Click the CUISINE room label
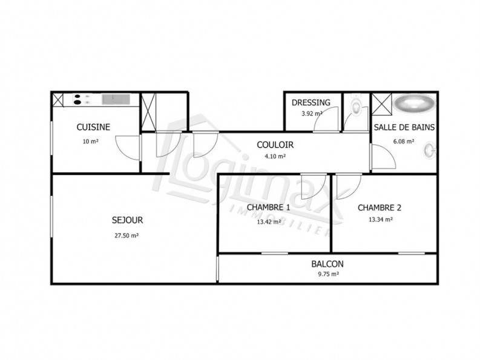pos(93,127)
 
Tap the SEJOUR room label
pos(127,220)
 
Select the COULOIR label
pos(275,145)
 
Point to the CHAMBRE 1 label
pos(268,208)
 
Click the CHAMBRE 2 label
pos(379,208)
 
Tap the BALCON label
pos(327,264)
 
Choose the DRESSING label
pos(311,102)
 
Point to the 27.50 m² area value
pos(127,235)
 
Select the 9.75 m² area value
pos(327,273)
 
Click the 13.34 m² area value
pos(379,220)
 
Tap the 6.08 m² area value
pos(403,142)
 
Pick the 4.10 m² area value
pos(275,156)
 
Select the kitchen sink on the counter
pos(114,99)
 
